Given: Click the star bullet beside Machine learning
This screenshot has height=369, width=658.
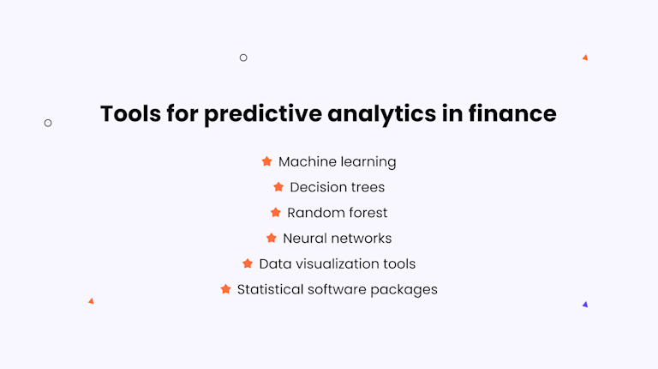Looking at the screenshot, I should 266,161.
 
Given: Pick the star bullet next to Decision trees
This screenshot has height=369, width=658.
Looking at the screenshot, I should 278,187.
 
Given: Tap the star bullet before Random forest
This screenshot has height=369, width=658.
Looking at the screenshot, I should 275,212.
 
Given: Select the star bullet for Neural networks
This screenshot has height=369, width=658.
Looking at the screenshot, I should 272,238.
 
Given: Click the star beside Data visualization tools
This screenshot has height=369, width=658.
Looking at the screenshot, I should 248,263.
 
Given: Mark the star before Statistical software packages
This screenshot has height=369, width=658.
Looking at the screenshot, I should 225,289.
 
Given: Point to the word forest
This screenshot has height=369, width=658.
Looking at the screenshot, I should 362,212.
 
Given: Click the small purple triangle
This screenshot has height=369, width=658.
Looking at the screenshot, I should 585,305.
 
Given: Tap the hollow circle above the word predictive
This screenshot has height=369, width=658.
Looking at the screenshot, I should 243,57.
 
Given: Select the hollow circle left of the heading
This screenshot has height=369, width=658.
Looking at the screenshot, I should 48,123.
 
